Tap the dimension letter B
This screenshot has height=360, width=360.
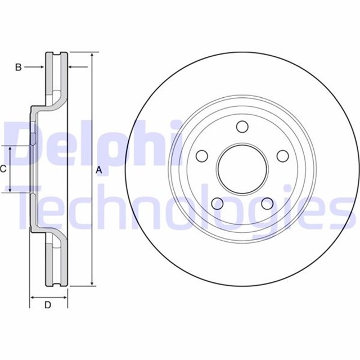point(18,67)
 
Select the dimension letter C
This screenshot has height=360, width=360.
point(3,168)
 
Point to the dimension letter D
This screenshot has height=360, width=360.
point(48,305)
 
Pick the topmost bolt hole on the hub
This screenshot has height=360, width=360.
point(242,126)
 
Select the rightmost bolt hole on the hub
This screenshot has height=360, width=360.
point(282,156)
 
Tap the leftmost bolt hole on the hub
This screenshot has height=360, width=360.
point(201,156)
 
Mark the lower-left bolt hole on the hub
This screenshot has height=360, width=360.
point(217,203)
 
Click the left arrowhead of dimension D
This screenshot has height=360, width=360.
point(33,296)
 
